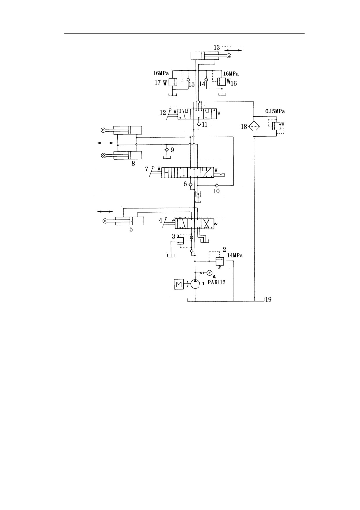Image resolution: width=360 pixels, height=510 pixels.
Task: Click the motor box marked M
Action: point(179,284)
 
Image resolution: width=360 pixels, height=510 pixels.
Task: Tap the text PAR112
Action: point(216,282)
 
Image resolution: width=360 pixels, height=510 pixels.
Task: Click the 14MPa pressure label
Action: point(235,256)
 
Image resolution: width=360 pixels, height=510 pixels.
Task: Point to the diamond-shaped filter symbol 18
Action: point(254,126)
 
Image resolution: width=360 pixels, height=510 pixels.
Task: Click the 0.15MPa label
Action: point(275,111)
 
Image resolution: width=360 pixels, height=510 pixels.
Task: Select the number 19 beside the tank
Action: point(268,299)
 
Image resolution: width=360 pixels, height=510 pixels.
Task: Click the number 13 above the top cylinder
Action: point(217,48)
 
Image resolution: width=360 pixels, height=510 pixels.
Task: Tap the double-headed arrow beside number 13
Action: point(234,50)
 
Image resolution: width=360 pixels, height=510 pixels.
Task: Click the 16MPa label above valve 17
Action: point(161,73)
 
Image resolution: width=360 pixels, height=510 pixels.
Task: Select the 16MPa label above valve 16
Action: point(231,74)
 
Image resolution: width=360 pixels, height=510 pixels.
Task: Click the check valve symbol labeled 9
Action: point(166,149)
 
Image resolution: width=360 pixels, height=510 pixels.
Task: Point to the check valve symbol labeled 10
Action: point(216,185)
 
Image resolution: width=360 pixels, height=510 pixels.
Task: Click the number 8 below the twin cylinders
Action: point(133,164)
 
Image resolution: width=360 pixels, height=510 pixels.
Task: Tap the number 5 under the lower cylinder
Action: point(131,229)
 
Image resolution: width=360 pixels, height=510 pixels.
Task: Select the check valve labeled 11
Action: point(198,124)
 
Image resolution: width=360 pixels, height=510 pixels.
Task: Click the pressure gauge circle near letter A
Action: point(209,273)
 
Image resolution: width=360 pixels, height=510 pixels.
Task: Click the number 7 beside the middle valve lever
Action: point(147,169)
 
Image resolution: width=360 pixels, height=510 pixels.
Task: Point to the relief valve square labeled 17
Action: point(173,83)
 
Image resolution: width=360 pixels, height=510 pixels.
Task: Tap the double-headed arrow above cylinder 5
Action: point(105,211)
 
